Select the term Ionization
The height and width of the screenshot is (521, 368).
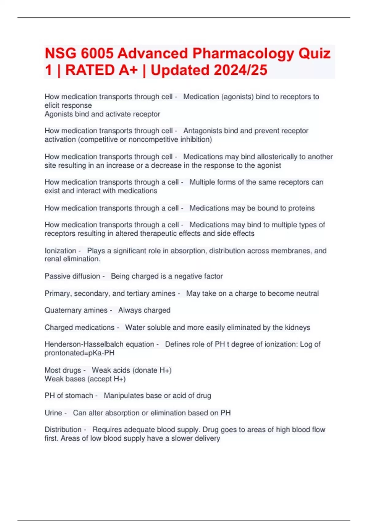tap(60, 251)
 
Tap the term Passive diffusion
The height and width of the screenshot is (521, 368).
tap(72, 276)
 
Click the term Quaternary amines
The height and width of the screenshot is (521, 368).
tap(76, 310)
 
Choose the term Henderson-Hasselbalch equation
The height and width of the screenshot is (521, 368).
tap(99, 344)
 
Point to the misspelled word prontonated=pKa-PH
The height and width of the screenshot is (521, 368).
tap(79, 353)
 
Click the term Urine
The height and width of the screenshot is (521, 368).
tap(53, 413)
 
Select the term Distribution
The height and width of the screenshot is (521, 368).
tap(63, 430)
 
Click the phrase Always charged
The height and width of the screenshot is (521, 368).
tap(144, 310)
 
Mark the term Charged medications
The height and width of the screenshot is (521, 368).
tap(79, 328)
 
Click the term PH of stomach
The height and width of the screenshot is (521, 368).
tap(69, 396)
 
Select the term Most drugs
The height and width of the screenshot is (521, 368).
tap(63, 370)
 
